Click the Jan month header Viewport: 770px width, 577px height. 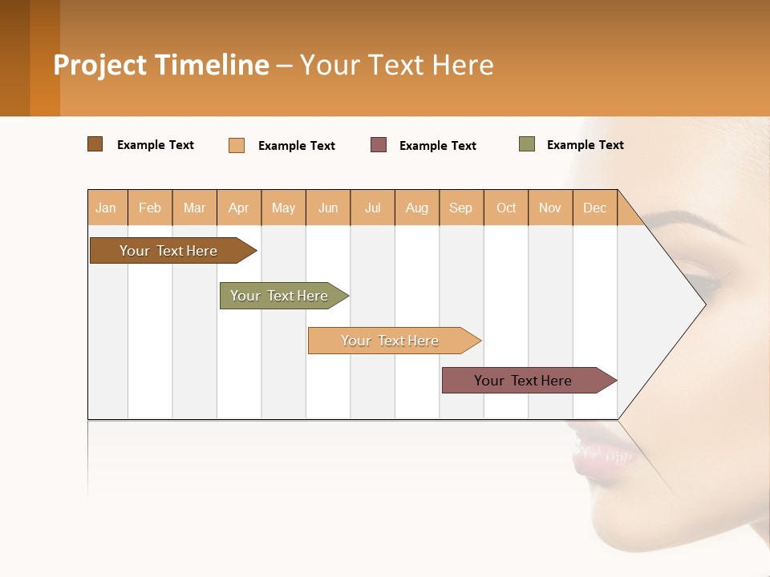pyautogui.click(x=107, y=208)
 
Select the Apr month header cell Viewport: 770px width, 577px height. pyautogui.click(x=239, y=208)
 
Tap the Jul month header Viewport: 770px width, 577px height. pyautogui.click(x=372, y=208)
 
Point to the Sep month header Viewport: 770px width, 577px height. pyautogui.click(x=461, y=208)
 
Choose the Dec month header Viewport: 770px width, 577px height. pyautogui.click(x=594, y=208)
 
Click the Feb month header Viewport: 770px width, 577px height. pyautogui.click(x=150, y=208)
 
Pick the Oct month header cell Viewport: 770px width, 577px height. pyautogui.click(x=506, y=208)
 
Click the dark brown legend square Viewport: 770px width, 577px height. pyautogui.click(x=95, y=144)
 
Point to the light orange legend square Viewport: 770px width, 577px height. pyautogui.click(x=237, y=145)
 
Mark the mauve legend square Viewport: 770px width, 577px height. pyautogui.click(x=379, y=145)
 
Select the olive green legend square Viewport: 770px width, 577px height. pyautogui.click(x=527, y=144)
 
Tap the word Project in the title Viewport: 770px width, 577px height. pyautogui.click(x=100, y=65)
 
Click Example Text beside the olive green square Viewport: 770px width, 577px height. pyautogui.click(x=585, y=145)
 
